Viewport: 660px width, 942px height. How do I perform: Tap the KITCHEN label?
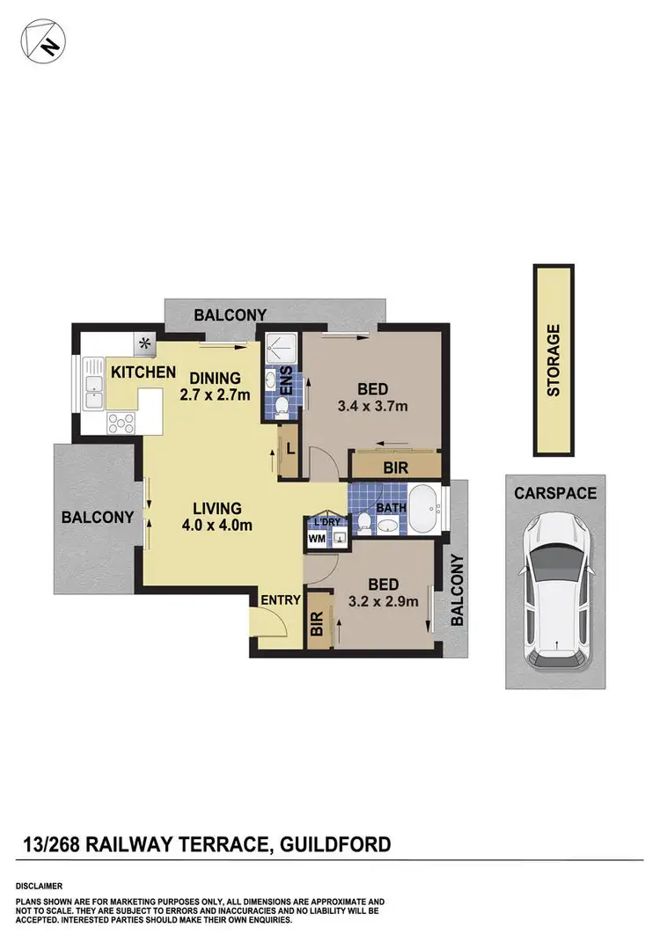point(143,372)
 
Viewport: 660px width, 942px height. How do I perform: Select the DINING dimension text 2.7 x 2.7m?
point(215,394)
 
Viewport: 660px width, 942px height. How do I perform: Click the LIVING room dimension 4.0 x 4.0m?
point(217,526)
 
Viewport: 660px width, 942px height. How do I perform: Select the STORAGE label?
point(554,360)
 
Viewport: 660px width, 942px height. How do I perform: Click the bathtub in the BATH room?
point(424,511)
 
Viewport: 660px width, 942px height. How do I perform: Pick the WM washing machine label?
point(315,539)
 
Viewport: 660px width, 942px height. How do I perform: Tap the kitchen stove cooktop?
point(121,423)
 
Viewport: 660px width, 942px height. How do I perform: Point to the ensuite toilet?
point(282,405)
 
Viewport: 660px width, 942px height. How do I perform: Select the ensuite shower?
point(280,350)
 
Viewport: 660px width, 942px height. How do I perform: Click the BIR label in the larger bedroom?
point(396,467)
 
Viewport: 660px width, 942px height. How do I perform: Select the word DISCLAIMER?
point(39,885)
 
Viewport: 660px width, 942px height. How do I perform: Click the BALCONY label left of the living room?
point(97,518)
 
